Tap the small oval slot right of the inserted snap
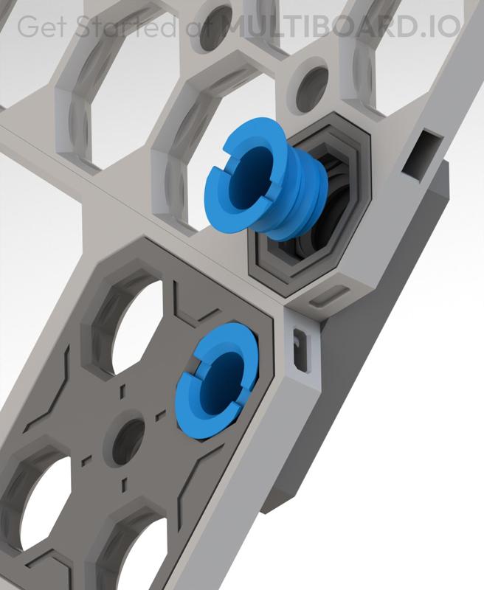coord(299,347)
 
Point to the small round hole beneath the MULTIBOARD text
coord(312,78)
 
